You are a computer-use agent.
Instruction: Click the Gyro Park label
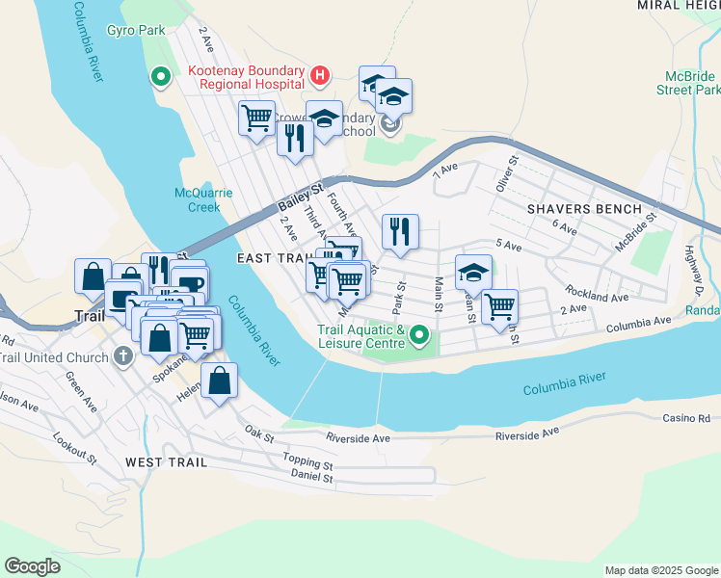click(138, 32)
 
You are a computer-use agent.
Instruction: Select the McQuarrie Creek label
click(203, 199)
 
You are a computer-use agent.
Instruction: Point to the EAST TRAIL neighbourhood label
click(271, 258)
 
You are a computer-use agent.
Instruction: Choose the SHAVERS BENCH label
click(583, 208)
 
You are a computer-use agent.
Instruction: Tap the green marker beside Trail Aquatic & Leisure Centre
click(418, 335)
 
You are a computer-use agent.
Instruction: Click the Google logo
click(32, 565)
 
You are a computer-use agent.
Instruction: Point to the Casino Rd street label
click(685, 418)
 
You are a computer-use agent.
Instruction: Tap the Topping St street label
click(307, 460)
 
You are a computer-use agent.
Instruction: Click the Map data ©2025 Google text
click(659, 570)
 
